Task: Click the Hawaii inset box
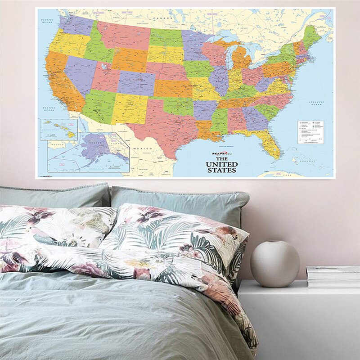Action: pyautogui.click(x=58, y=129)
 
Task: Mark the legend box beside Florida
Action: pyautogui.click(x=311, y=132)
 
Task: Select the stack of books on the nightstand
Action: pyautogui.click(x=333, y=276)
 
